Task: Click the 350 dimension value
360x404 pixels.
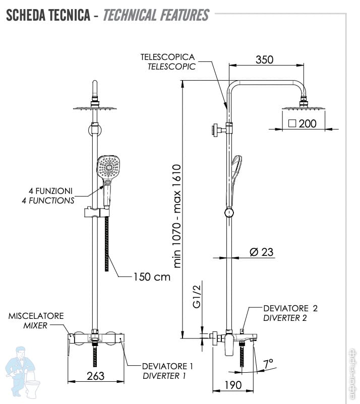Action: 264,59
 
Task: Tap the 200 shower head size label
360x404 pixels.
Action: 308,123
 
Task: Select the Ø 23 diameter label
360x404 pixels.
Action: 262,252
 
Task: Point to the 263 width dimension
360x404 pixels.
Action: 95,375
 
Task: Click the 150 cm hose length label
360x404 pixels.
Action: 152,277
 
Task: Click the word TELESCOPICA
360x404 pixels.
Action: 167,57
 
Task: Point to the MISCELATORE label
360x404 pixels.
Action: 36,316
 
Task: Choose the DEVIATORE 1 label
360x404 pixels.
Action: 167,366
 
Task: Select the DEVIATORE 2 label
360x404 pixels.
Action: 290,308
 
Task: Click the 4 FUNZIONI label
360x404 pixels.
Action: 50,191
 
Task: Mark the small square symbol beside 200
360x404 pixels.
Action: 292,123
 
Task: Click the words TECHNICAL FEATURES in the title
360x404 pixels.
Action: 156,15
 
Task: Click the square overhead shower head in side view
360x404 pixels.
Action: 303,109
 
